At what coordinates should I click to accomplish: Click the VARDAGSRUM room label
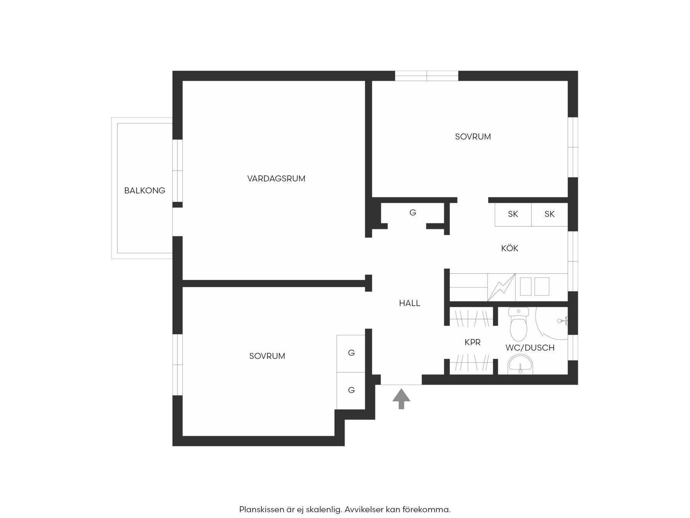pos(276,178)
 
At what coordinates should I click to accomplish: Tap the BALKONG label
pos(145,190)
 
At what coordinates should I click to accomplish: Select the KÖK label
pos(509,248)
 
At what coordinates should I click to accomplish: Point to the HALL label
pos(409,303)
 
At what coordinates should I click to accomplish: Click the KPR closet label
pos(472,342)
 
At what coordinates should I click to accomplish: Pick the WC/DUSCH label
pos(530,348)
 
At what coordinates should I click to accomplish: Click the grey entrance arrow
pos(401,399)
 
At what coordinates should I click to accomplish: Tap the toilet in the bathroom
pos(519,325)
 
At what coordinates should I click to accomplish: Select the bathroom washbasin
pos(520,365)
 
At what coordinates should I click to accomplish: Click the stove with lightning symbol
pos(501,287)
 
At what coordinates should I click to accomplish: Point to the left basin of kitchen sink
pos(526,286)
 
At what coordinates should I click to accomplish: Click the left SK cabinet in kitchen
pos(513,214)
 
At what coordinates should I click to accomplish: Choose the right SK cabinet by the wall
pos(549,214)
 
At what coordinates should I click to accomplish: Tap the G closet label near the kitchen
pos(412,213)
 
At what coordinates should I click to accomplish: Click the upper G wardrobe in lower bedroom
pos(351,353)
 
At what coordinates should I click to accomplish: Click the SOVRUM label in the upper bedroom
pos(473,137)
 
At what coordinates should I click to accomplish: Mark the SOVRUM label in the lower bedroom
pos(267,356)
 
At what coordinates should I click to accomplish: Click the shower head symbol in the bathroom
pos(562,320)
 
